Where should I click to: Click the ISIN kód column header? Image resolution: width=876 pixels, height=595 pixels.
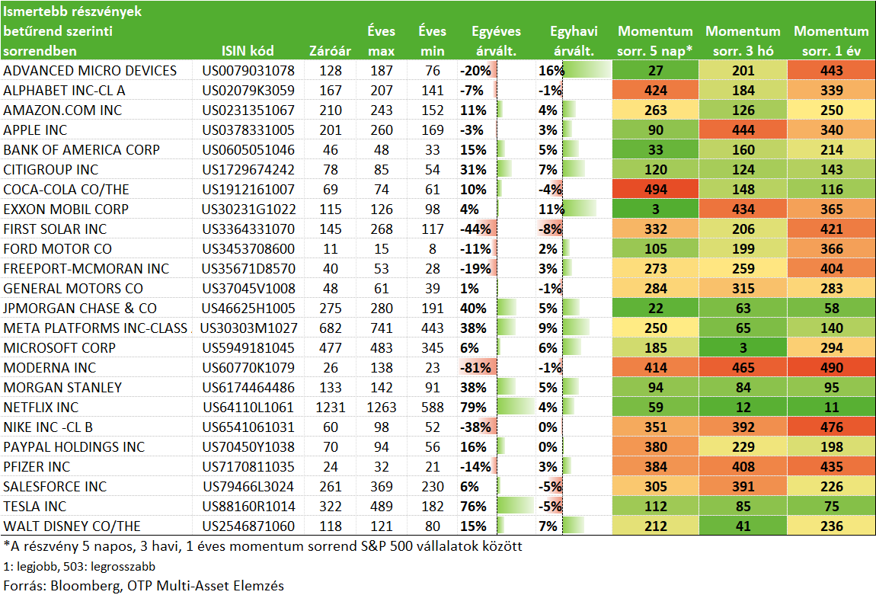pyautogui.click(x=248, y=51)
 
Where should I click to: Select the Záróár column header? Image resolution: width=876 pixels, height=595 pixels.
pyautogui.click(x=330, y=51)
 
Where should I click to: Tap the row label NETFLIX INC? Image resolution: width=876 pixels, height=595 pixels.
pyautogui.click(x=41, y=408)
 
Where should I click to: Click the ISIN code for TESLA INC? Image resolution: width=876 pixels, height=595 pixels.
pyautogui.click(x=248, y=506)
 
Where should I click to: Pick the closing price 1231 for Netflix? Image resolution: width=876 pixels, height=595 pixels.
pyautogui.click(x=330, y=408)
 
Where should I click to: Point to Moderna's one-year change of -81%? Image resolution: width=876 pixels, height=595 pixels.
pyautogui.click(x=475, y=368)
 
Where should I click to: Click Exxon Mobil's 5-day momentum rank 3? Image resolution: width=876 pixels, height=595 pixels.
pyautogui.click(x=655, y=209)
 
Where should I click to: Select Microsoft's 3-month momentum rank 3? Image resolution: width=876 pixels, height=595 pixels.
pyautogui.click(x=743, y=347)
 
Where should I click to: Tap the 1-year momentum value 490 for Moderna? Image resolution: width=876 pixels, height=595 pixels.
pyautogui.click(x=831, y=368)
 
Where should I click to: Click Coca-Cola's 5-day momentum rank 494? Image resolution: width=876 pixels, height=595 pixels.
pyautogui.click(x=655, y=190)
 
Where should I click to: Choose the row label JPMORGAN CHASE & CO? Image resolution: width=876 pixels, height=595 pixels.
pyautogui.click(x=80, y=309)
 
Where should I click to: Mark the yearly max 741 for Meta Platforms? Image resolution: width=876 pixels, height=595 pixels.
pyautogui.click(x=381, y=328)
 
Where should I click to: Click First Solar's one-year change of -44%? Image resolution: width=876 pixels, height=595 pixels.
pyautogui.click(x=475, y=229)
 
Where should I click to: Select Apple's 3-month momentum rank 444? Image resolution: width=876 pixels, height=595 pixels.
pyautogui.click(x=743, y=130)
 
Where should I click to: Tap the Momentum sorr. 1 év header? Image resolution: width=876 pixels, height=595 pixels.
pyautogui.click(x=831, y=41)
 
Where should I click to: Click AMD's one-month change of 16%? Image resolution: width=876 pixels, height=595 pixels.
pyautogui.click(x=551, y=70)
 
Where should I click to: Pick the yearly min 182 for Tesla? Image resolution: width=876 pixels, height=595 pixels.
pyautogui.click(x=433, y=506)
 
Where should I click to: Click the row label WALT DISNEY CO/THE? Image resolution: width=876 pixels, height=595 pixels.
pyautogui.click(x=72, y=526)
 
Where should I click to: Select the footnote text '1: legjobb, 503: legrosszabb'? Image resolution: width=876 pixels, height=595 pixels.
pyautogui.click(x=79, y=567)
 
